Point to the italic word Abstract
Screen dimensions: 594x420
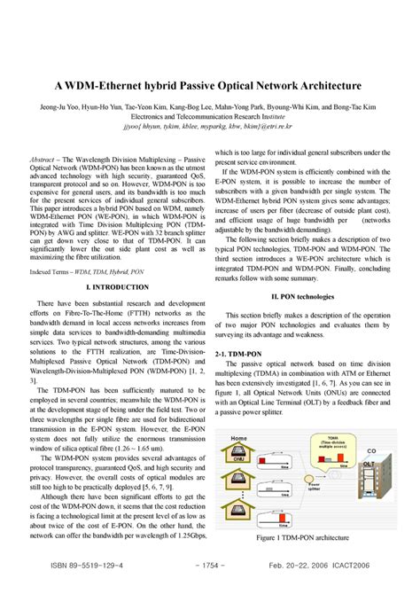(x=45, y=152)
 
